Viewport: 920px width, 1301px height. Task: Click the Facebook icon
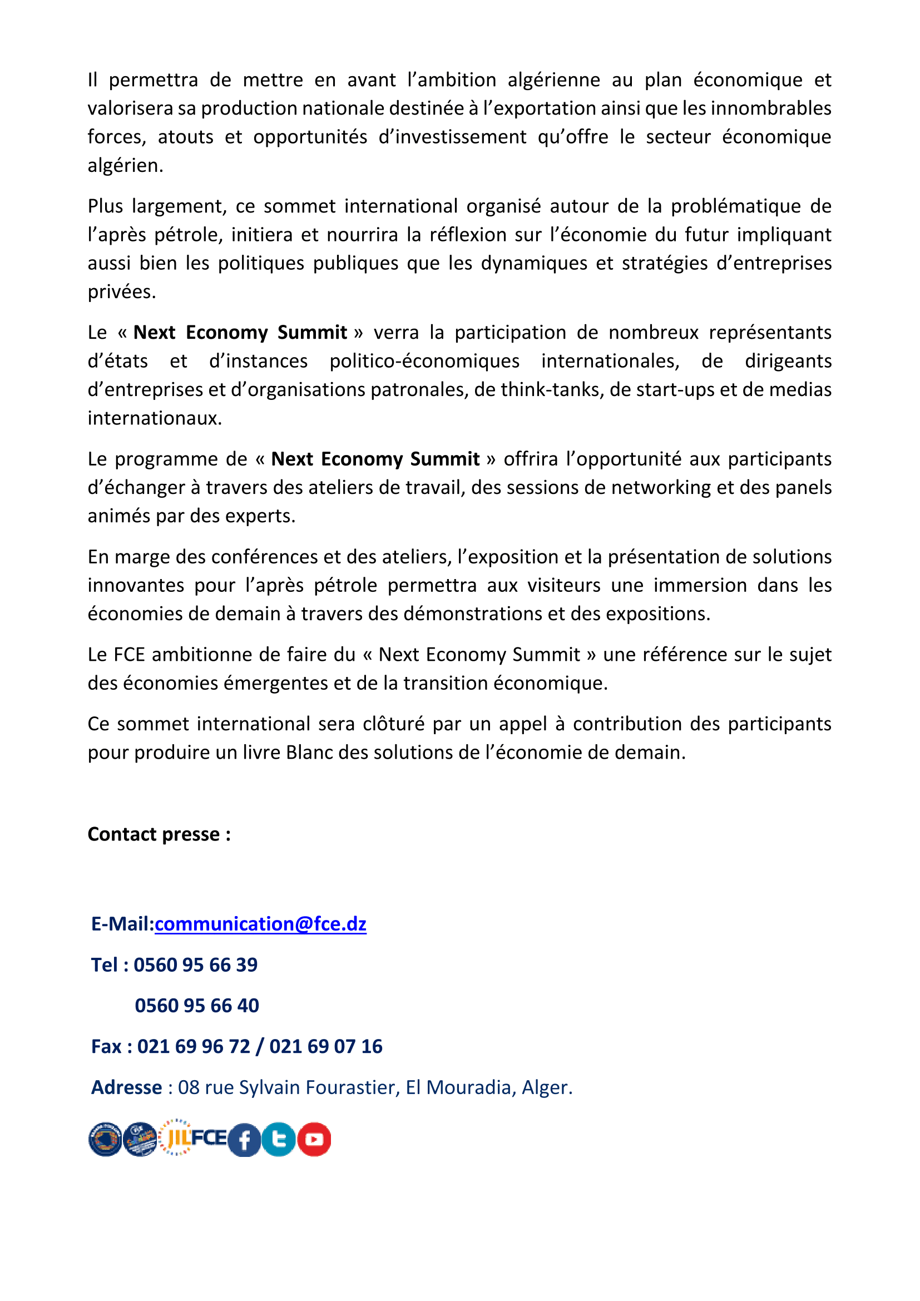(244, 1140)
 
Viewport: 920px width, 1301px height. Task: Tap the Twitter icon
(279, 1140)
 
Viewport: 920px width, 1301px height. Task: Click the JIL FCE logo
(192, 1137)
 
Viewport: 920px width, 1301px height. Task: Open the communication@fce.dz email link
(260, 924)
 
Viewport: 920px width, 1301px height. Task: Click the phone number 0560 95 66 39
(195, 965)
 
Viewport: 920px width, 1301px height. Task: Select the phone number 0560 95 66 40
(196, 1006)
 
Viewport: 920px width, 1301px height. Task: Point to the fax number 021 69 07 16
(326, 1047)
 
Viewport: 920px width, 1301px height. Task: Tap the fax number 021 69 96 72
(194, 1047)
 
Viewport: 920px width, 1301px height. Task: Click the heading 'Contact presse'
(159, 835)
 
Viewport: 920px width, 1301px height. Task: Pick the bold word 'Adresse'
(127, 1087)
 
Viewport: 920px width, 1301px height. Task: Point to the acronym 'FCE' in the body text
(130, 655)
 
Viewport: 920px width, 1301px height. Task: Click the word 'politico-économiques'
(424, 362)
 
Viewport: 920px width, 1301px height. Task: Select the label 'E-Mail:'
(122, 924)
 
